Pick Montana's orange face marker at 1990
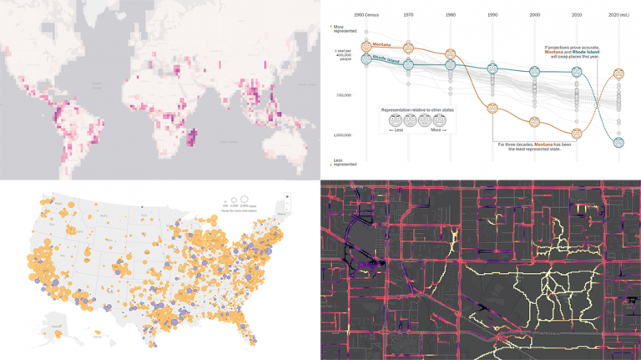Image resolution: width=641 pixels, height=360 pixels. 492,109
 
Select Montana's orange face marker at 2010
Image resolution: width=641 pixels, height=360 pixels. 576,134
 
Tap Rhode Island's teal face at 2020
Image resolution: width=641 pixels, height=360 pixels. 618,142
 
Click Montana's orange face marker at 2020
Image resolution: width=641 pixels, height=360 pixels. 618,74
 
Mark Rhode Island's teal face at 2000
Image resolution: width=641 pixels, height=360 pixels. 534,71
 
